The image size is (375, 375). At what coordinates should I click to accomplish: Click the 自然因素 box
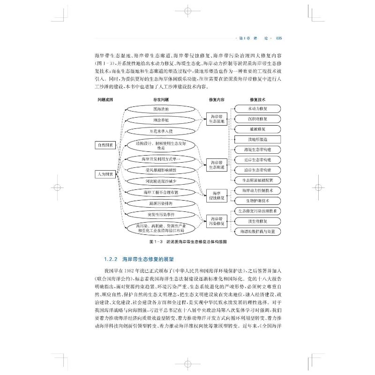pos(105,145)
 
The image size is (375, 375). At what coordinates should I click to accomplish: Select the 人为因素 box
pos(105,173)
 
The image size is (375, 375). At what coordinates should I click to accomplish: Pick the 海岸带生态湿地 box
pos(217,119)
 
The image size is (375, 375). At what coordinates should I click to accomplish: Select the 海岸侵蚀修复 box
pos(217,195)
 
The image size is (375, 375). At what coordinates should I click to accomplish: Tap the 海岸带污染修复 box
pos(217,221)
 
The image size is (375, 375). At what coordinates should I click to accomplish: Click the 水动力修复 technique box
pos(257,109)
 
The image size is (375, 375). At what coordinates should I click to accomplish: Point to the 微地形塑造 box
pos(257,139)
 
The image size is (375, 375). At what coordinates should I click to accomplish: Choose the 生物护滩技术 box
pos(257,201)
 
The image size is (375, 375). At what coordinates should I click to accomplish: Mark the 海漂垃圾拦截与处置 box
pos(257,231)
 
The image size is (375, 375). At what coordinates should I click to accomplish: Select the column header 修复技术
pos(257,99)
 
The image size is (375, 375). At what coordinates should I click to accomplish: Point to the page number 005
pos(277,38)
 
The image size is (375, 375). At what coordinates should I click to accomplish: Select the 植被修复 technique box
pos(257,129)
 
